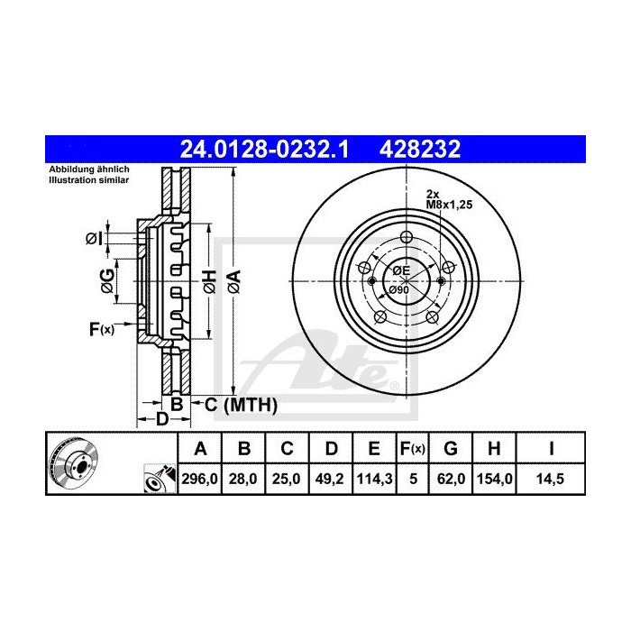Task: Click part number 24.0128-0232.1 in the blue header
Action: (265, 148)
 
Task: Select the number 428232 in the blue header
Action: (424, 148)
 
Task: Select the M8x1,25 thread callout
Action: (450, 205)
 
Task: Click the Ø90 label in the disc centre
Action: (399, 289)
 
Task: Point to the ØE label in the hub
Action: (400, 271)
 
